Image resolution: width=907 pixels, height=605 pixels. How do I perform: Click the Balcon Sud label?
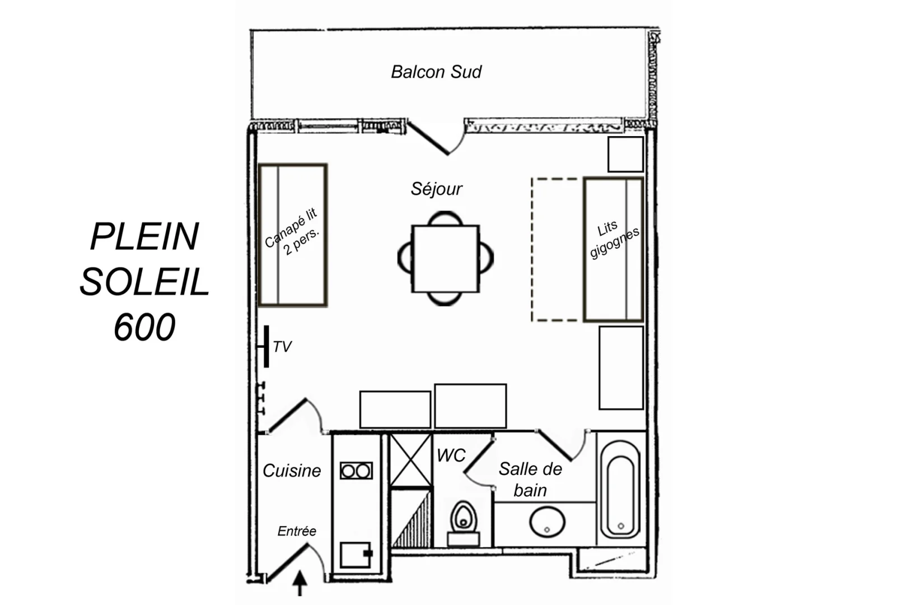tap(436, 72)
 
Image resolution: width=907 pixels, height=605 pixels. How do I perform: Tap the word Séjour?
tap(436, 189)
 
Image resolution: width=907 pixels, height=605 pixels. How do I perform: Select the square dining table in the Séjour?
tap(445, 258)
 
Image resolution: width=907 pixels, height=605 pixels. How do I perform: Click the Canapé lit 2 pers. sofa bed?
tap(292, 235)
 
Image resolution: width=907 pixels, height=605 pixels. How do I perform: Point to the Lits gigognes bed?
tap(613, 249)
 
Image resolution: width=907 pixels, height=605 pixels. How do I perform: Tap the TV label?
tap(282, 347)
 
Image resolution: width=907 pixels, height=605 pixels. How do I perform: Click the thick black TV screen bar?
tap(267, 346)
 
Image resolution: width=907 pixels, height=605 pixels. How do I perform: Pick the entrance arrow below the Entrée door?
tap(300, 583)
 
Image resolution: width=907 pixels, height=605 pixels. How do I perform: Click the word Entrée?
tap(297, 531)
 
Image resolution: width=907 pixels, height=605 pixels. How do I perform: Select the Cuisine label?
tap(292, 471)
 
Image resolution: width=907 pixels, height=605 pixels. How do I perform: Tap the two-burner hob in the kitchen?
tap(356, 471)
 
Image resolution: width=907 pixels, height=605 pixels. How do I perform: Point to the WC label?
tap(451, 455)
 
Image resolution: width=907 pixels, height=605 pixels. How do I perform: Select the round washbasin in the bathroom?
tap(547, 522)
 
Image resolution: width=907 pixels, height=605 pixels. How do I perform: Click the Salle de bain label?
tap(530, 479)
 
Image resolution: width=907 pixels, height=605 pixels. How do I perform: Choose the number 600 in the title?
tap(144, 327)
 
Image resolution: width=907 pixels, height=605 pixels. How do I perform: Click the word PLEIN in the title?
tap(144, 236)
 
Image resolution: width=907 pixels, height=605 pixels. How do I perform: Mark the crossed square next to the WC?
tap(410, 460)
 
